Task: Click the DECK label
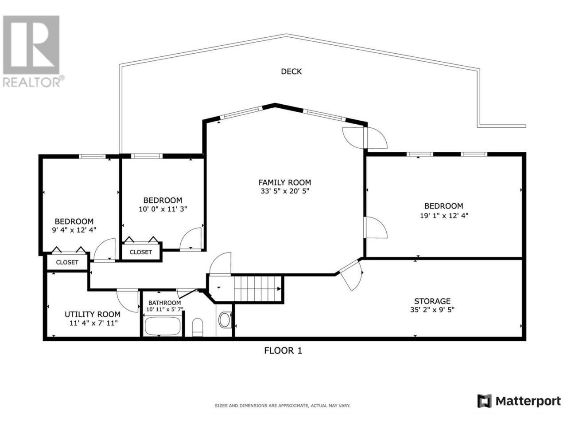pos(291,71)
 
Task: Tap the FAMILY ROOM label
pos(285,183)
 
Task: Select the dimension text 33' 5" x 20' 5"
pos(285,191)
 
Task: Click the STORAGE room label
pos(432,301)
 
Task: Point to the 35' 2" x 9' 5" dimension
pos(432,310)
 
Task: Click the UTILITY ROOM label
pos(93,315)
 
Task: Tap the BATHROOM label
pos(164,303)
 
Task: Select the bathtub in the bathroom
pos(163,326)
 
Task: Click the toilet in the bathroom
pos(198,327)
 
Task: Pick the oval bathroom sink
pos(225,320)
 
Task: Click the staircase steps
pos(257,288)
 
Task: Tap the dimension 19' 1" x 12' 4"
pos(444,216)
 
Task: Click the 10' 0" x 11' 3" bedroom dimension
pos(163,209)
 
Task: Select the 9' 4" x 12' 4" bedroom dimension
pos(74,230)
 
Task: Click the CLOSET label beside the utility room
pos(67,262)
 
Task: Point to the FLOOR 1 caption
pos(283,351)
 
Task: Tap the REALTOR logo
pos(32,51)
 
